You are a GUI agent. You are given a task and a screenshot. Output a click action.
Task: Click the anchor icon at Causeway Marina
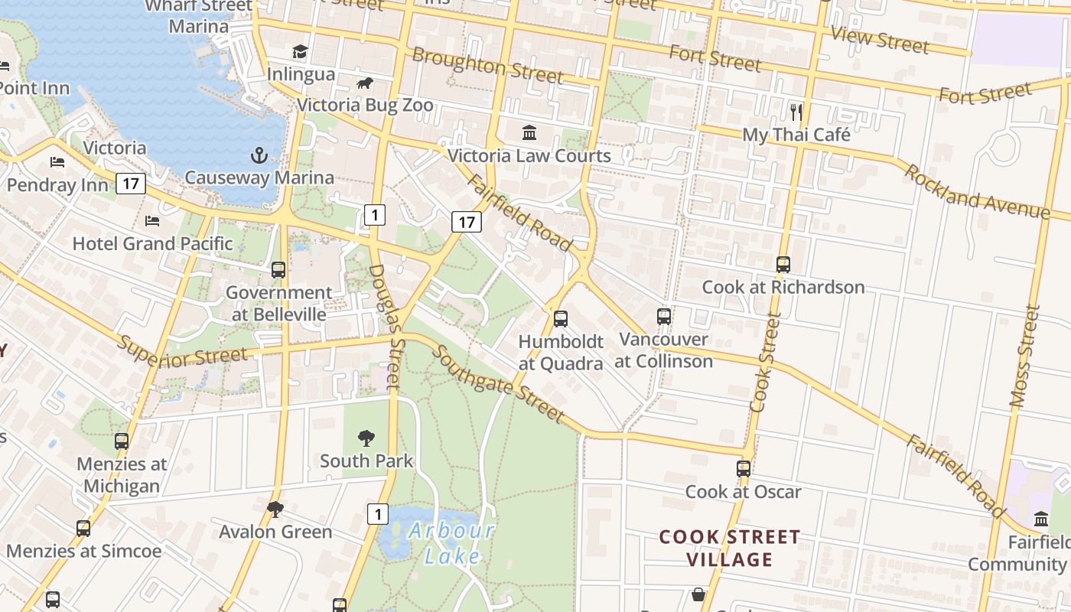[259, 155]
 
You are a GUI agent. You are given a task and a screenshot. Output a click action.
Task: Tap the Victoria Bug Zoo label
[365, 106]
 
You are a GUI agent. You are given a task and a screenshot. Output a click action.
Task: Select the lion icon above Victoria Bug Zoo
[366, 83]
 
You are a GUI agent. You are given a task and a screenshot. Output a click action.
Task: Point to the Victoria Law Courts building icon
[529, 133]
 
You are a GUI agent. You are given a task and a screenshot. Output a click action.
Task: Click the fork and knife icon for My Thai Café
[796, 112]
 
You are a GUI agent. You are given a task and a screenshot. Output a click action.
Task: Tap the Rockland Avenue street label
[976, 191]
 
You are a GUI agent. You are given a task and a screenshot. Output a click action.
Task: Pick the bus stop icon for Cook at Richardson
[783, 265]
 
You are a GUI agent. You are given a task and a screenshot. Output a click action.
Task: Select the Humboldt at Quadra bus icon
[561, 319]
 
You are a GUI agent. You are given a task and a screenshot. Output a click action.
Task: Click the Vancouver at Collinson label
[663, 350]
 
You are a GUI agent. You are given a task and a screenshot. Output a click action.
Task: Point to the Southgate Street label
[498, 385]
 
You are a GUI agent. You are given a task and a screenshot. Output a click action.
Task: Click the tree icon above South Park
[366, 438]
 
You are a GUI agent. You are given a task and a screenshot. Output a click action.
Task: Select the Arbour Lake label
[451, 543]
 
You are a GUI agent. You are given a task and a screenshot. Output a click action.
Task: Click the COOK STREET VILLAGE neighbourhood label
[730, 548]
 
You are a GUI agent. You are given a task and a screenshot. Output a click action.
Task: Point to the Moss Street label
[1024, 356]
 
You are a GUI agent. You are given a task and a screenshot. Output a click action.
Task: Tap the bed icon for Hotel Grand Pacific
[152, 221]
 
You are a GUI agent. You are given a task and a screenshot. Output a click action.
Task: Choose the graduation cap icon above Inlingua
[300, 51]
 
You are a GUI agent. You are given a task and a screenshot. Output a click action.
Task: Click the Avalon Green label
[275, 532]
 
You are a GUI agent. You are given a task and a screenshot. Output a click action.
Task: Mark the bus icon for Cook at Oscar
[744, 469]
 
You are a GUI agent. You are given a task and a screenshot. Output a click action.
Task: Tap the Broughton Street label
[487, 65]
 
